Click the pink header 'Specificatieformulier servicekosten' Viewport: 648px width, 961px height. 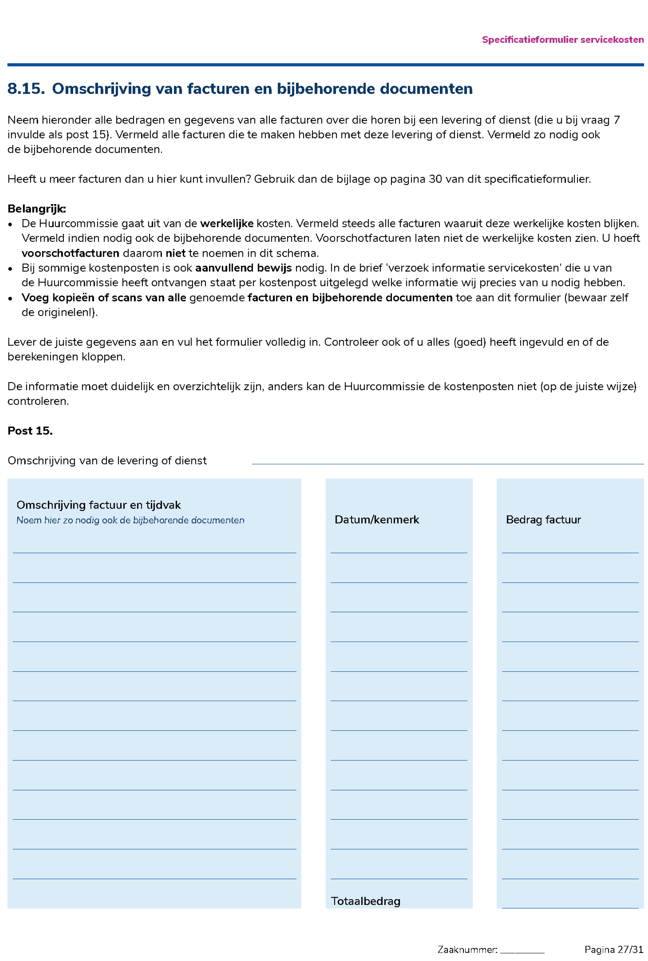coord(562,40)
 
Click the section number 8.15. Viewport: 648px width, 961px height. coord(26,89)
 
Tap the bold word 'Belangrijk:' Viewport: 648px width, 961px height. coord(36,209)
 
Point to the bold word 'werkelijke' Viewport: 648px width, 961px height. coord(227,224)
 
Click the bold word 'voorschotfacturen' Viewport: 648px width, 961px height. coord(70,253)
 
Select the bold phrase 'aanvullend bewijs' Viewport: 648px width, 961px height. coord(243,268)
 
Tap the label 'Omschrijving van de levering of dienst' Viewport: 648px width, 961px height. coord(107,461)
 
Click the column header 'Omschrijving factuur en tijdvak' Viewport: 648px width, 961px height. coord(98,505)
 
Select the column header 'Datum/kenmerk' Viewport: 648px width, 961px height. coord(376,520)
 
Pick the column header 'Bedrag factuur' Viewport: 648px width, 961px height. coord(543,520)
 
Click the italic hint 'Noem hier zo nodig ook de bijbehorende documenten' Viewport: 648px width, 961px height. coord(130,520)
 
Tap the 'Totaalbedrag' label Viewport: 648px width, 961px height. coord(365,901)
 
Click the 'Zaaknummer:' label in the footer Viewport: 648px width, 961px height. coord(467,949)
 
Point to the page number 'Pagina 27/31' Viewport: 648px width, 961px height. coord(614,949)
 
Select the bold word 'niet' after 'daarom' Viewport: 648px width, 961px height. coord(175,253)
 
